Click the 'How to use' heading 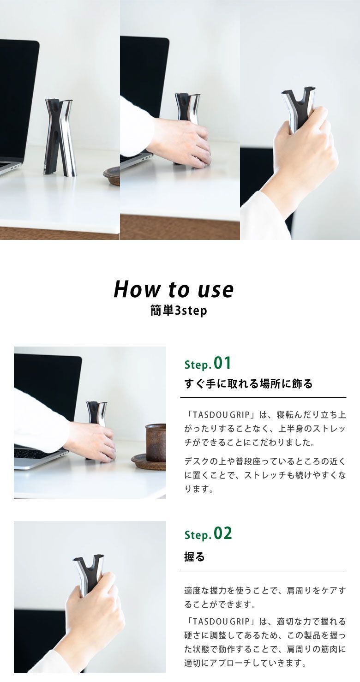(x=174, y=289)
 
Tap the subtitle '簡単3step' (x=179, y=311)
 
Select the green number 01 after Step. (x=222, y=363)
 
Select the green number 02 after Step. (x=222, y=533)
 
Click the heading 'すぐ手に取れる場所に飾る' (x=248, y=383)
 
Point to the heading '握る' (x=194, y=557)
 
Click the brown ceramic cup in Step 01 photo (x=156, y=442)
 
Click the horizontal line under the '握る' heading (x=263, y=572)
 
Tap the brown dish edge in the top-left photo (x=112, y=175)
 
